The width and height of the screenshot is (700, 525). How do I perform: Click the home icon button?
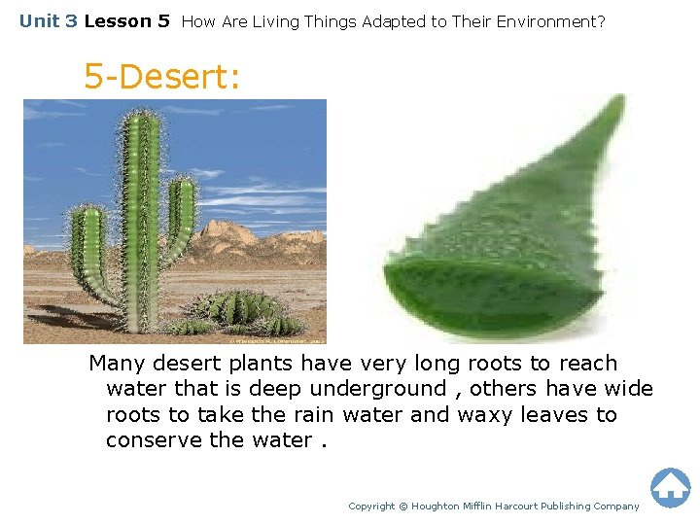tap(670, 487)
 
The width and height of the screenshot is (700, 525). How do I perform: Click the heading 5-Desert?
tap(161, 76)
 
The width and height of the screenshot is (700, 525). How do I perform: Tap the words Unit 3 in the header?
tap(49, 20)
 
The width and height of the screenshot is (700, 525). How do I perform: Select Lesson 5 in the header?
tap(126, 20)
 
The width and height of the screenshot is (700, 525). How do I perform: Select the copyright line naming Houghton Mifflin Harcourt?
tap(494, 506)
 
